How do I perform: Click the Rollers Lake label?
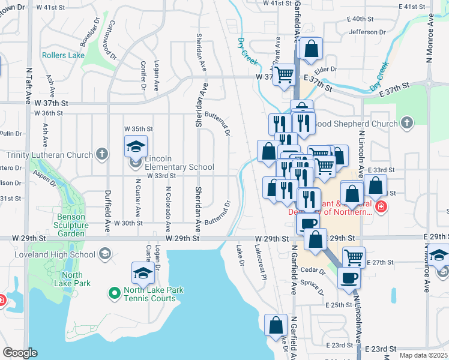(63, 55)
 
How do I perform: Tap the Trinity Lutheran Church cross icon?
(102, 155)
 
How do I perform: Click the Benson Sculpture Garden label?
(71, 225)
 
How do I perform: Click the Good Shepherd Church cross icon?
(408, 124)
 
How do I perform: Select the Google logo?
(20, 353)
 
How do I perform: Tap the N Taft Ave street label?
(28, 90)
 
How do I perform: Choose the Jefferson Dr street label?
(367, 32)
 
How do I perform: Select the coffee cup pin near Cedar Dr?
(349, 278)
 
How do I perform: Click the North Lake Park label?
(71, 279)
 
